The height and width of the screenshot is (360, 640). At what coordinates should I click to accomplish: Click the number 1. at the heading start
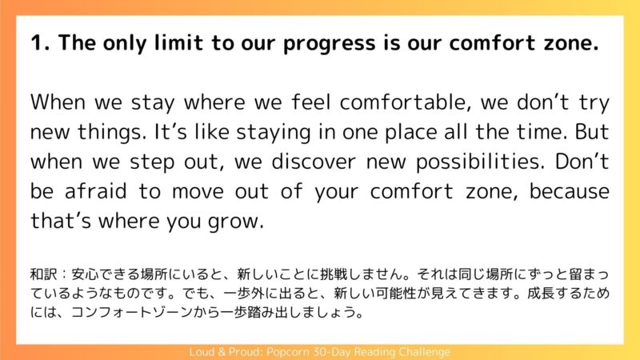pos(40,43)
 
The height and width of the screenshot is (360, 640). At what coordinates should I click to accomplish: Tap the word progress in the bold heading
pos(329,44)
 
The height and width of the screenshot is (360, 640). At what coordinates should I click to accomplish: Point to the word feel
pos(310,102)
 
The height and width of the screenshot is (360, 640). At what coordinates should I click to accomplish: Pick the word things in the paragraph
pos(111,132)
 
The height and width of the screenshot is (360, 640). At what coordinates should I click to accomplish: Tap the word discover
pos(314,162)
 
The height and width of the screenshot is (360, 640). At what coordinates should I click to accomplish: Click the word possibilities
pos(480,162)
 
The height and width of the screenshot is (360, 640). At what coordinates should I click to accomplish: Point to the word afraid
pos(95,191)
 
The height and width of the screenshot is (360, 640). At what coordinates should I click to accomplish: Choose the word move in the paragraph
pos(198,192)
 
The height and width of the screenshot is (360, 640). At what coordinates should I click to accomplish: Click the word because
pos(569,191)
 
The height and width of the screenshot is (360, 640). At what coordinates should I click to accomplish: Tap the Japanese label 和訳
pos(44,274)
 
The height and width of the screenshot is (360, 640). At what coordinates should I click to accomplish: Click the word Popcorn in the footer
pos(289,352)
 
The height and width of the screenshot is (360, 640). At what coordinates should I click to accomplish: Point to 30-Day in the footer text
pos(332,352)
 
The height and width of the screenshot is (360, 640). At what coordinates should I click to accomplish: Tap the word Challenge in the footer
pos(425,352)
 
